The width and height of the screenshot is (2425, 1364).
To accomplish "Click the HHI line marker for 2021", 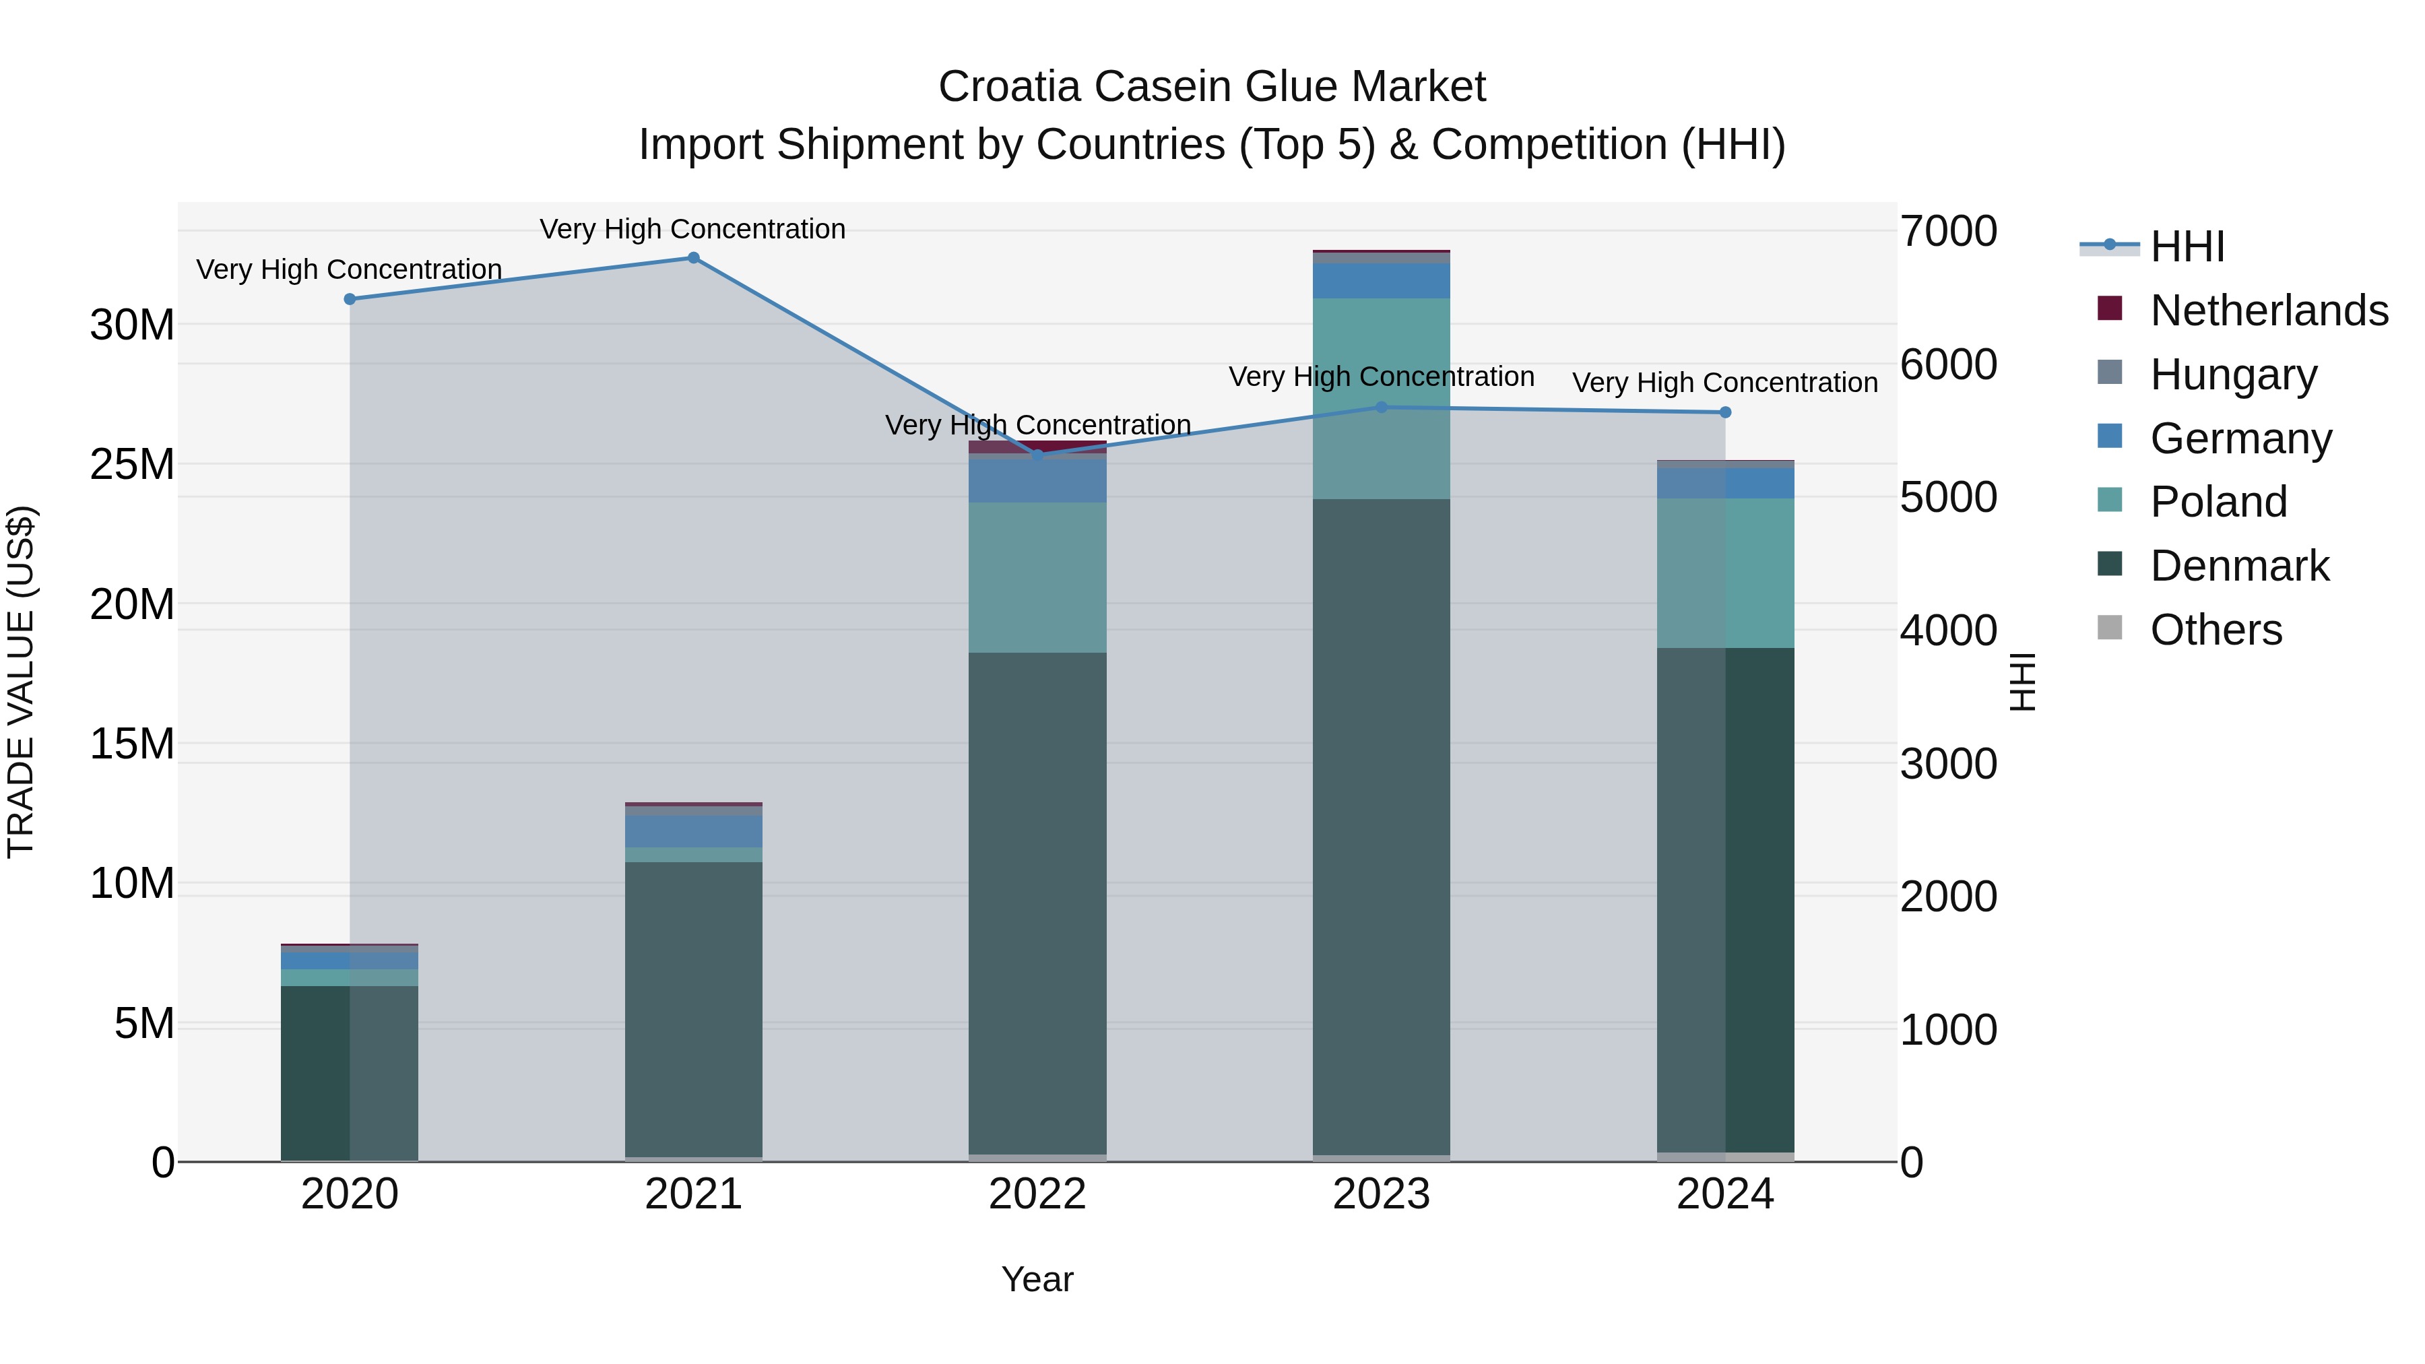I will click(693, 258).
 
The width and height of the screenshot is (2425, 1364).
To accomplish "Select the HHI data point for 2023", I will click(1381, 408).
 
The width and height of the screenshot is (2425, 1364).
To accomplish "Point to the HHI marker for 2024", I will click(1724, 412).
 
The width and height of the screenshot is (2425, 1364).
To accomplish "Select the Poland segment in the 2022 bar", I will click(1037, 577).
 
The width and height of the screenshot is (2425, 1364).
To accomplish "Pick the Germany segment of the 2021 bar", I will click(693, 831).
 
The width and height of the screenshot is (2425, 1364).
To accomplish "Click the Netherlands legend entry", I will click(2268, 311).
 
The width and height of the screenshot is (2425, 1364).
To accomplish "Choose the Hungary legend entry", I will click(2233, 375).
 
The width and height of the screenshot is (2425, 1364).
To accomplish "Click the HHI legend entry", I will click(2187, 247).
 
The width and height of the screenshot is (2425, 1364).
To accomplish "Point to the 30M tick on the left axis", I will click(132, 326).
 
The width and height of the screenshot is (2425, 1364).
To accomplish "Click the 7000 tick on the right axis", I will click(1947, 232).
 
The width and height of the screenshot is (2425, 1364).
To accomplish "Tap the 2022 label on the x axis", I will click(1037, 1194).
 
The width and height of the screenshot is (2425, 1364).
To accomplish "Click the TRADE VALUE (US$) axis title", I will click(21, 682).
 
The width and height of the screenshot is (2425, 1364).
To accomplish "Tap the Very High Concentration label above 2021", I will click(693, 229).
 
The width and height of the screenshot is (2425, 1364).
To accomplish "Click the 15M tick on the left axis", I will click(132, 744).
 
